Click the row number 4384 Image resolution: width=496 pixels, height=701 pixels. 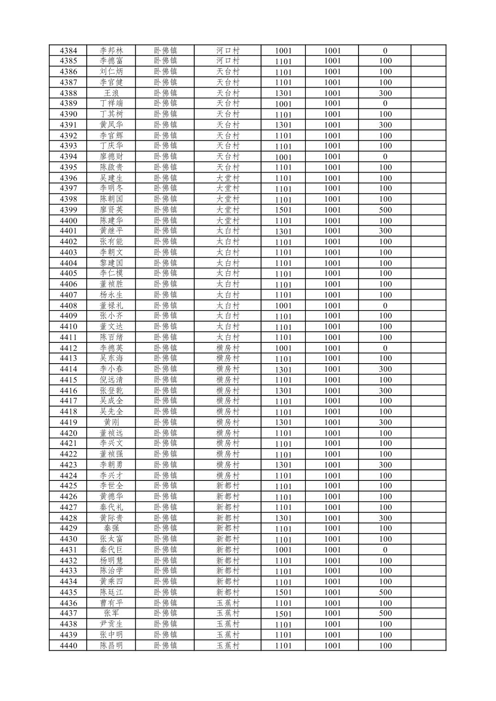[68, 51]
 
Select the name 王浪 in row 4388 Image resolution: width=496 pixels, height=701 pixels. [111, 93]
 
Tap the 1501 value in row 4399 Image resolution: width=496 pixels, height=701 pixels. [283, 210]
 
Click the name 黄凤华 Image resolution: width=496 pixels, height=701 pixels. [111, 125]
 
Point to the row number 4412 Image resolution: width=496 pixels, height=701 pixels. [68, 348]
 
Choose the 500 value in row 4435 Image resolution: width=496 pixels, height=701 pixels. [385, 592]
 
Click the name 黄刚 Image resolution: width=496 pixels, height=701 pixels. [111, 422]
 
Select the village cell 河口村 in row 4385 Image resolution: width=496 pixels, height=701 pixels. [228, 61]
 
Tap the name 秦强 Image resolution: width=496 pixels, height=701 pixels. [111, 528]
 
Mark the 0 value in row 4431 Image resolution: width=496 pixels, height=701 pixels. [385, 550]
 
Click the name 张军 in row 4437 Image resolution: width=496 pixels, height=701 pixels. [111, 613]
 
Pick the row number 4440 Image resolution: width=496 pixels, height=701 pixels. [68, 645]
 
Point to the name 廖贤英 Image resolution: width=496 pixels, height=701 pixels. [111, 210]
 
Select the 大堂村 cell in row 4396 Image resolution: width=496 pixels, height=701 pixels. [228, 178]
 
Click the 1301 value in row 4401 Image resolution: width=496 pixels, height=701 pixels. [283, 231]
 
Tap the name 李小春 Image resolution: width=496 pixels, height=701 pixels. [111, 369]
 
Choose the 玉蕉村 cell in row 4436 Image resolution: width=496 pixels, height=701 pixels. [228, 603]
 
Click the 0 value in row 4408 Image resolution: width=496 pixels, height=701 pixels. [385, 306]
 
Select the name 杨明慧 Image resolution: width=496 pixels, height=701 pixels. [111, 560]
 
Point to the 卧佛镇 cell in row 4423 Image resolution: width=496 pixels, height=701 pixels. [165, 465]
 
